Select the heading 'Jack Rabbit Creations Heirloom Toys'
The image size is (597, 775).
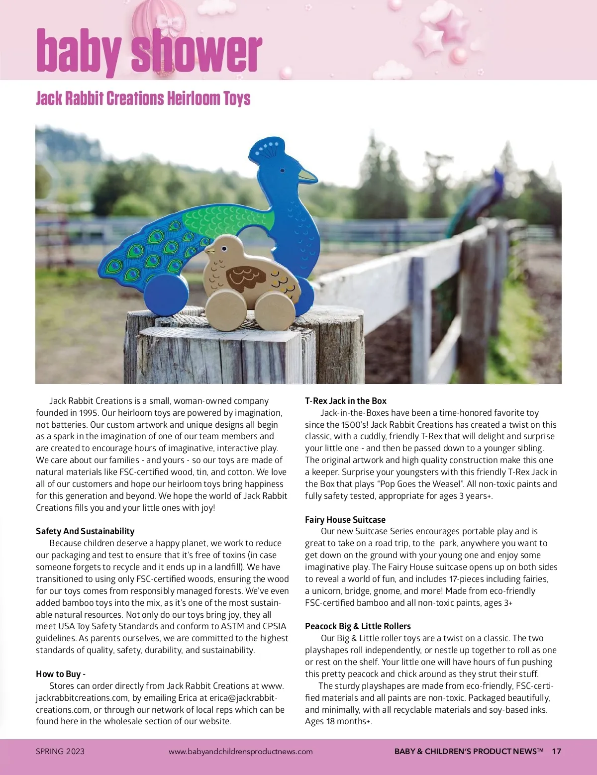143,98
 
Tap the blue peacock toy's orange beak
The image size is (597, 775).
307,175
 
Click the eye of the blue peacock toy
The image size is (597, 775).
283,171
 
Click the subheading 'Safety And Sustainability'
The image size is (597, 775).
85,531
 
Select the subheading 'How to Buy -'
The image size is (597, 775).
61,674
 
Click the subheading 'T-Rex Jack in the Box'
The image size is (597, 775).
346,401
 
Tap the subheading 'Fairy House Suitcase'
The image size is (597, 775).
345,520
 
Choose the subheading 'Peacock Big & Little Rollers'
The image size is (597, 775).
358,626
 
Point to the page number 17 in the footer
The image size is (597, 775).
556,751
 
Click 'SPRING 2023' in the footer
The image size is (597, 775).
60,751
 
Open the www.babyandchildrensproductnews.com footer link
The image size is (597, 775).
241,751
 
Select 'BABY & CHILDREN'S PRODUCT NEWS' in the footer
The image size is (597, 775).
469,751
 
